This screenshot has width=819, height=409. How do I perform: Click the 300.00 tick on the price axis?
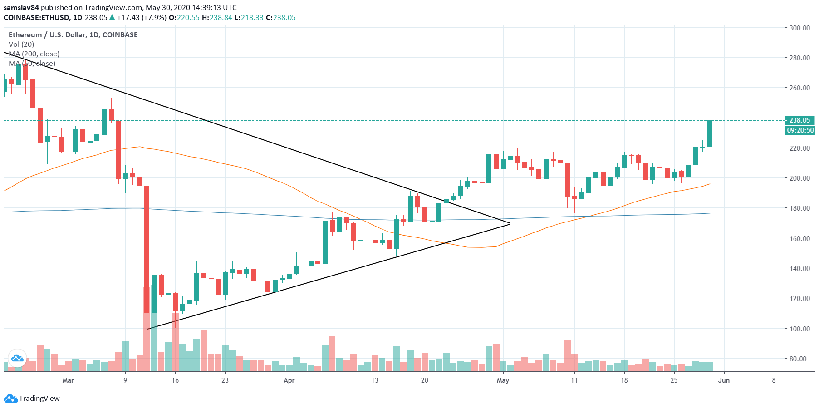799,28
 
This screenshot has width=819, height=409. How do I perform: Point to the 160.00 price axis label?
799,238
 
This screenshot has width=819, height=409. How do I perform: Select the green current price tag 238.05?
799,120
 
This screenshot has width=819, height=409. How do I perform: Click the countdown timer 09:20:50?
800,130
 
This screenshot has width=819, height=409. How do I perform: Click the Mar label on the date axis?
68,380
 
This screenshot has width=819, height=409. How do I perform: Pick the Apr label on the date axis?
289,380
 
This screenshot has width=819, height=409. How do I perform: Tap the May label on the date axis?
503,380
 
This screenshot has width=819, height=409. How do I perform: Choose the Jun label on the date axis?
724,380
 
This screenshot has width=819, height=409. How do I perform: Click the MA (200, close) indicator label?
34,54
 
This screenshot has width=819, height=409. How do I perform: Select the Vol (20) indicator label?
21,44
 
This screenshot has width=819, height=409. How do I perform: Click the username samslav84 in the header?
21,7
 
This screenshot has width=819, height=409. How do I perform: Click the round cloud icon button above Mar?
17,358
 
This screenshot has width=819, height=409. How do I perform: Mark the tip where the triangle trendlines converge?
510,223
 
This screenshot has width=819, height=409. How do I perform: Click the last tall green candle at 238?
710,133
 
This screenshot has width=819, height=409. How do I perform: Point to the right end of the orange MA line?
710,184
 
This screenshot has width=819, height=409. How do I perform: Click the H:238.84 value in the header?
217,17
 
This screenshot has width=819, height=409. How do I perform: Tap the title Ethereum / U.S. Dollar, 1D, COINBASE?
73,34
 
